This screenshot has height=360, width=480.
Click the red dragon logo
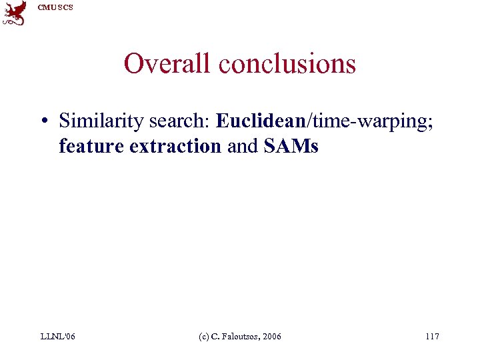[x=14, y=13]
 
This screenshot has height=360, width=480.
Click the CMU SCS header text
[x=55, y=7]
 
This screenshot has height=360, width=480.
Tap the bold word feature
[x=92, y=147]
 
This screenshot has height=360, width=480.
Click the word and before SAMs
[x=242, y=147]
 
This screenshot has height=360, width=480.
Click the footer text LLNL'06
[x=57, y=337]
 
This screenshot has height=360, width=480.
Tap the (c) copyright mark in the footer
[x=205, y=337]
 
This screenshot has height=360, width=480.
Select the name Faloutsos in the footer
[x=238, y=337]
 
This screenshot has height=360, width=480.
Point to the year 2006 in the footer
[x=271, y=337]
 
